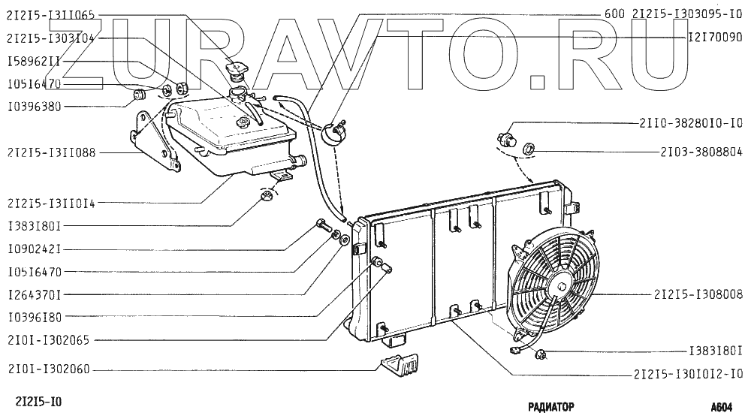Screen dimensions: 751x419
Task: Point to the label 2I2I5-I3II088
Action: tap(50, 153)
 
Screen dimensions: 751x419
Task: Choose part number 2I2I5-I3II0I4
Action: tap(50, 203)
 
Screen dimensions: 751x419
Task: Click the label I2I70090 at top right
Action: tap(716, 36)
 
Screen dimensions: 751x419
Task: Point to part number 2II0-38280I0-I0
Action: tap(692, 122)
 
